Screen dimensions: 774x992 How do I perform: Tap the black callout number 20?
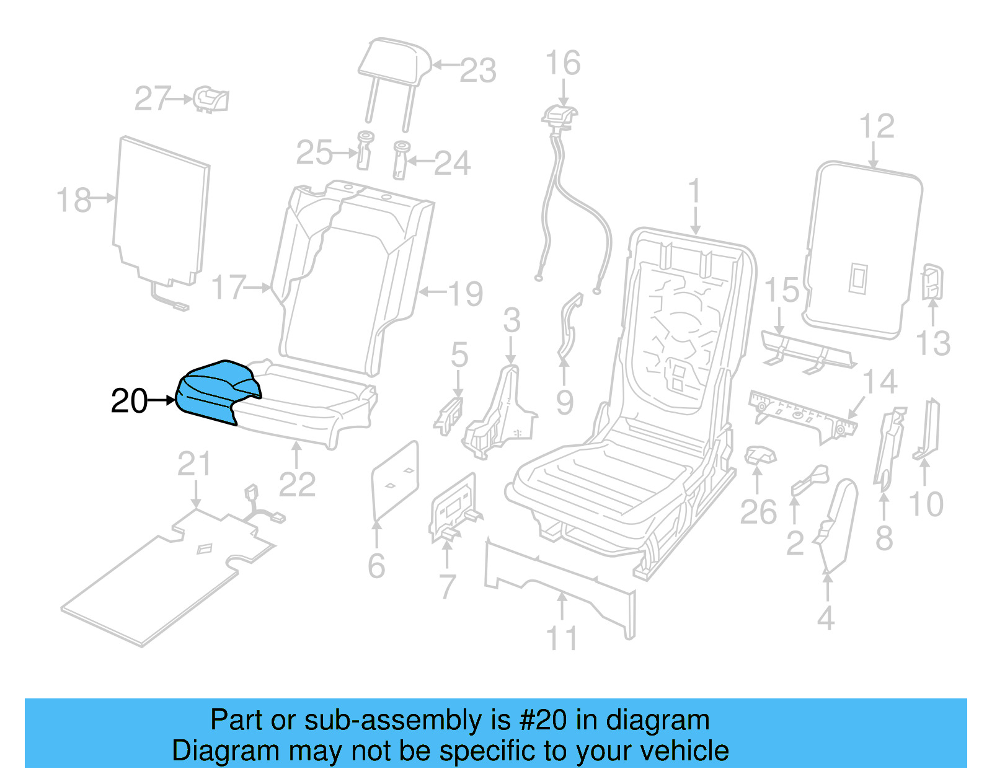coord(129,401)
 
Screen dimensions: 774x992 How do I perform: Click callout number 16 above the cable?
coord(562,63)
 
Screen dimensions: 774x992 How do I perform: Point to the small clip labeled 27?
coord(211,99)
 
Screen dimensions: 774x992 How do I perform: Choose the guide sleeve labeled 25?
coord(365,149)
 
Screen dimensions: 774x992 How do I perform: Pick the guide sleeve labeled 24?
coord(401,159)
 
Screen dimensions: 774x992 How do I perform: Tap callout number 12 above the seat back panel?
coord(877,126)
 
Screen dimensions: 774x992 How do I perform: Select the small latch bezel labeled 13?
coord(932,282)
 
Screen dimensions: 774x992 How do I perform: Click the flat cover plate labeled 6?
coord(395,480)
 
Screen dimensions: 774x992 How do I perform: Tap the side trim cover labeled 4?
coord(837,527)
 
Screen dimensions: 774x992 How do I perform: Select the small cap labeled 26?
coord(759,455)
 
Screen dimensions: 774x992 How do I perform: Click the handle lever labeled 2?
coord(809,480)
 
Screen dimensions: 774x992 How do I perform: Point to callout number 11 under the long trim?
coord(561,638)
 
